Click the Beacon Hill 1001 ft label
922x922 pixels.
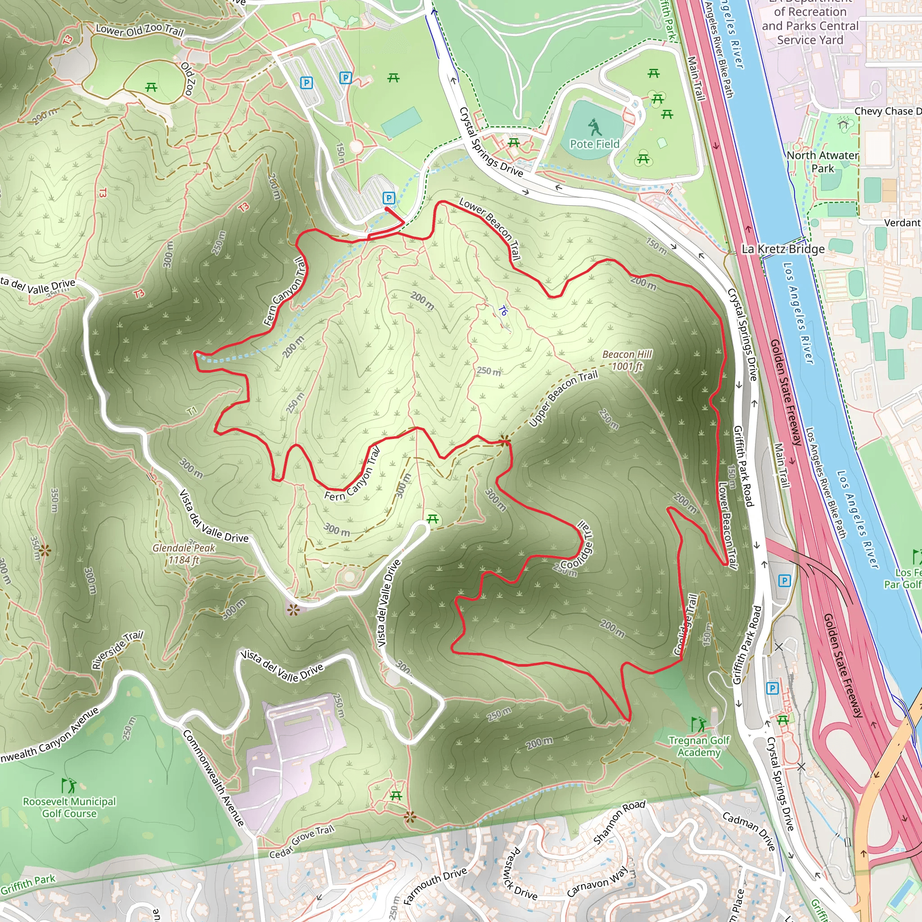click(x=627, y=360)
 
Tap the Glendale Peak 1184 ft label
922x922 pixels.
click(x=184, y=554)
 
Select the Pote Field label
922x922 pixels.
click(x=594, y=144)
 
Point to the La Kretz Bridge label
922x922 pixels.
click(x=782, y=249)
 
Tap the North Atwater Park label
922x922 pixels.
click(x=822, y=162)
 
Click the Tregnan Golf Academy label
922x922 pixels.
click(x=699, y=746)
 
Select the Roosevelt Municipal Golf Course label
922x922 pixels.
click(x=69, y=808)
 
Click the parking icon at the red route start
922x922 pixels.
click(x=389, y=198)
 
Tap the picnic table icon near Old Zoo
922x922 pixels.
click(x=151, y=87)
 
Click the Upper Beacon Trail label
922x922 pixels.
click(x=563, y=398)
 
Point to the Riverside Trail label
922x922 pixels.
click(x=118, y=650)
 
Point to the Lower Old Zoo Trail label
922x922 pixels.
click(x=140, y=30)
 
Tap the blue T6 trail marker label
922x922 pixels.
click(x=502, y=311)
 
